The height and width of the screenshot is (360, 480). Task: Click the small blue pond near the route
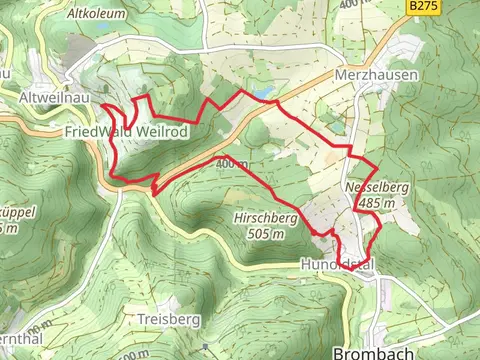(x=263, y=93)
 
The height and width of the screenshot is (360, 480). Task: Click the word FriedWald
(x=96, y=131)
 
